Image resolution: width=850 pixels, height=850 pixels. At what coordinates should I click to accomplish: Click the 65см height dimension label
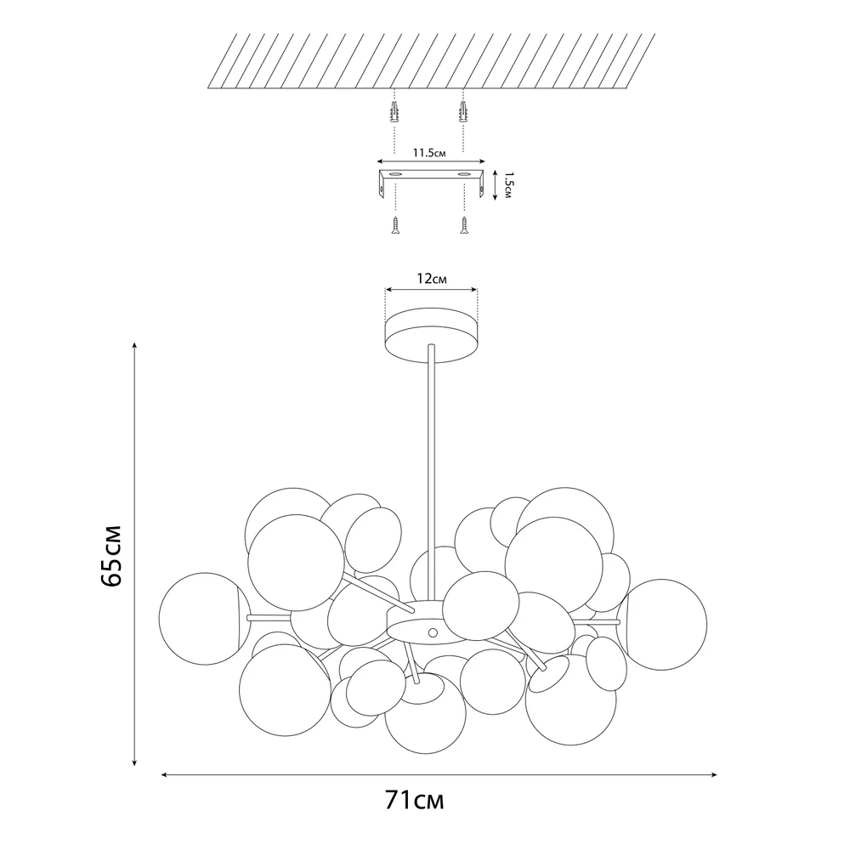pos(111,556)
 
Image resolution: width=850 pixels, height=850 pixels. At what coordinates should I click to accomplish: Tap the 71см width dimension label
pos(415,800)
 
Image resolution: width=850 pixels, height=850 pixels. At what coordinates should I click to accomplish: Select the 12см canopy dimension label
pos(432,279)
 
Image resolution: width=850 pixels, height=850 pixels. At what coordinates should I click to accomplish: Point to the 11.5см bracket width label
pos(428,153)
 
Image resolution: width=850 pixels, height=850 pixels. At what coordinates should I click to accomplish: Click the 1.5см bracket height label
pos(507,185)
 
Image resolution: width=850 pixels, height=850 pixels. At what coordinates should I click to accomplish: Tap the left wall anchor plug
pos(394,111)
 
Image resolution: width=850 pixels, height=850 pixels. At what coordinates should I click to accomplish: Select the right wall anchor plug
pos(463,111)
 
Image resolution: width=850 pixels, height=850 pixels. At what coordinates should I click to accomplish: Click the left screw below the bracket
pos(395,225)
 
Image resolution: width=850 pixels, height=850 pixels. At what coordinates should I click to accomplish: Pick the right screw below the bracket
pos(463,225)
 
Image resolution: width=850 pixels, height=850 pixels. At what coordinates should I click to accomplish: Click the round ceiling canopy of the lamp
pos(432,335)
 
